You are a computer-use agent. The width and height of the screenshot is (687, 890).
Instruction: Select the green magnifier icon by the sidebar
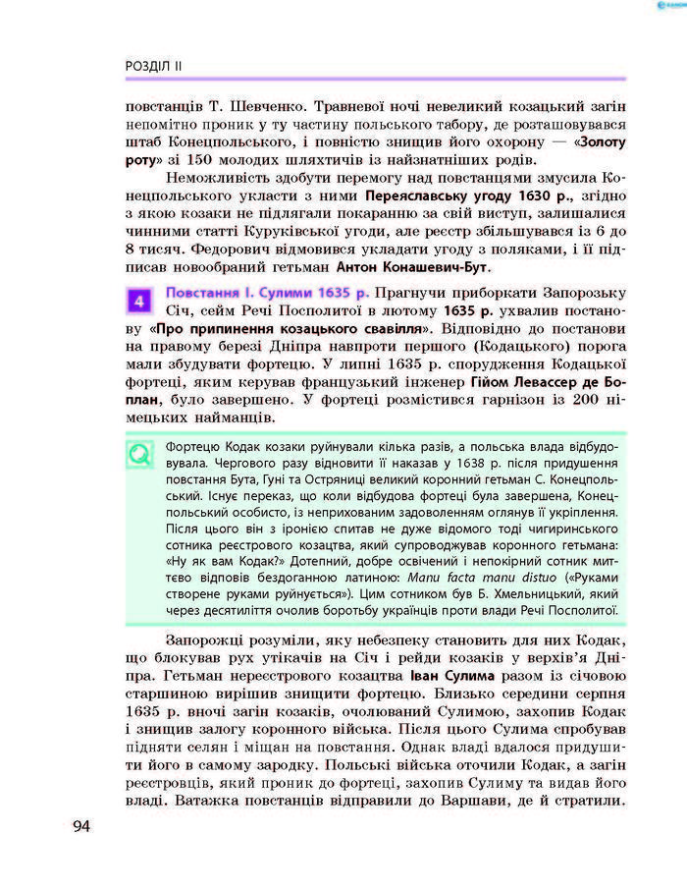tap(140, 454)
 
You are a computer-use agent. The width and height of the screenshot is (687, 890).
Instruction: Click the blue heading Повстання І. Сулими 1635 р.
tap(267, 293)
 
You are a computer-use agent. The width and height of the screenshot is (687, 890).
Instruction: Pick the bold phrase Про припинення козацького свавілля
tap(291, 328)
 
